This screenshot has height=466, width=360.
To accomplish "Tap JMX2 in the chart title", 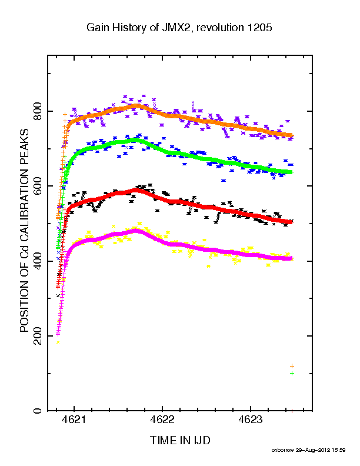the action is click(x=175, y=28).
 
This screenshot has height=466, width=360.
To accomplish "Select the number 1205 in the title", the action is click(x=259, y=28).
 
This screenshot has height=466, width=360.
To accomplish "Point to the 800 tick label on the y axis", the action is click(x=38, y=111).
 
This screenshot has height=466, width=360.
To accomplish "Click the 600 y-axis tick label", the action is click(x=38, y=186).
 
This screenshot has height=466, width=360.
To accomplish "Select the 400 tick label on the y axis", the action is click(x=38, y=261).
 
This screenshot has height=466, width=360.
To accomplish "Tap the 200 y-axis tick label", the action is click(x=38, y=336).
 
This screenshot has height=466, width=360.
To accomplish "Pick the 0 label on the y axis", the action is click(x=38, y=411).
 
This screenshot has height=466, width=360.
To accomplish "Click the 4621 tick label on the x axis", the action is click(x=74, y=420).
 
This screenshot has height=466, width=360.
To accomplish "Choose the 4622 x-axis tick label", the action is click(x=162, y=420).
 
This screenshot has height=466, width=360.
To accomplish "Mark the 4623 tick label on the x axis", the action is click(x=251, y=420).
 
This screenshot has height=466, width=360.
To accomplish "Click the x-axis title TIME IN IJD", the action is click(x=180, y=440).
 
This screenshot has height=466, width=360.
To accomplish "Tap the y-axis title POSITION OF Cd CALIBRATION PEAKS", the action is click(x=24, y=230).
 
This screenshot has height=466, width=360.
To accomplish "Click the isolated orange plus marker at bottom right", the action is click(x=292, y=366).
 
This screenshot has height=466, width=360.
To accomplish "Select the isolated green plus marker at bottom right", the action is click(x=292, y=373).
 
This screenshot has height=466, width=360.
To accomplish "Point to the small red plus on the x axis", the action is click(x=292, y=411).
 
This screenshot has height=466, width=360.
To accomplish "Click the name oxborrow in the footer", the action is click(x=283, y=450).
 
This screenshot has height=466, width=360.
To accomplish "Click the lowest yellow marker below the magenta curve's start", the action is click(x=58, y=342).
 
